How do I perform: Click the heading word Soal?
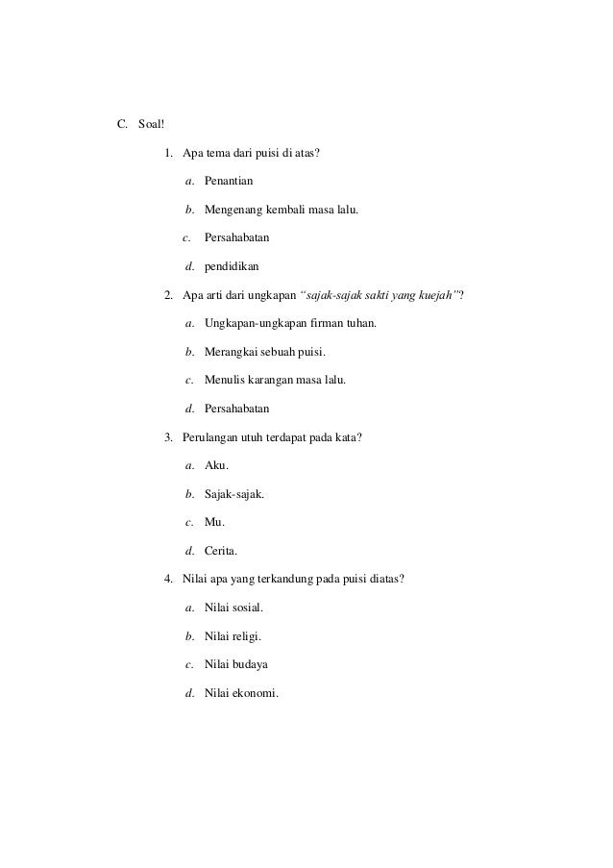coord(152,124)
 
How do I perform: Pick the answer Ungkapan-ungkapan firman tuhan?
coord(290,323)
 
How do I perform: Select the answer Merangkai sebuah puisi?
coord(265,352)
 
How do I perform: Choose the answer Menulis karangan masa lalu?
coord(275,380)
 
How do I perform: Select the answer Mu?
coord(214,523)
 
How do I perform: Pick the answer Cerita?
coord(221,552)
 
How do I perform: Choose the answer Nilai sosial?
coord(233,608)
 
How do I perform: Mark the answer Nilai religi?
coord(233,636)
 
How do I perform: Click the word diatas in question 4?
coord(386,580)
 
